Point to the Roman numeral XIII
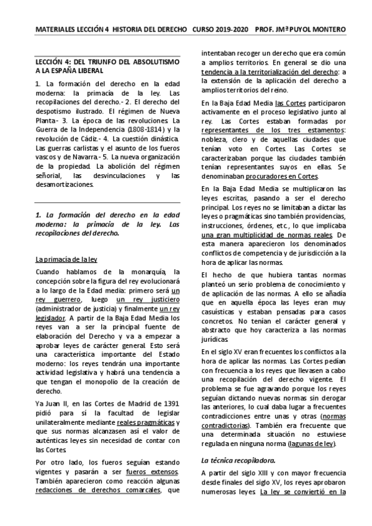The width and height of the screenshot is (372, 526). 257,475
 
